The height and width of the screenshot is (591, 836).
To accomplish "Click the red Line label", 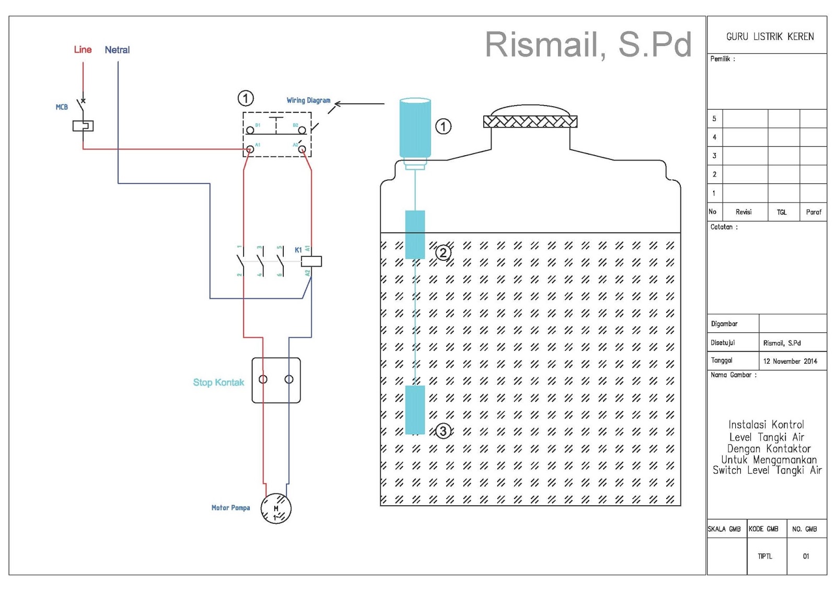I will click(x=83, y=50).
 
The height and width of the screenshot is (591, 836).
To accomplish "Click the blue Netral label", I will click(x=117, y=50).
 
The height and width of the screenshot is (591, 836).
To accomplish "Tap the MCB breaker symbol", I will click(x=83, y=125).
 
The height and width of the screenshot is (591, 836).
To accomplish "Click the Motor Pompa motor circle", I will click(x=276, y=508).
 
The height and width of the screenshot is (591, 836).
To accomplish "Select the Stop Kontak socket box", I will click(x=276, y=380).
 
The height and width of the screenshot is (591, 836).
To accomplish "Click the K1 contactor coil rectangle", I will click(x=311, y=261).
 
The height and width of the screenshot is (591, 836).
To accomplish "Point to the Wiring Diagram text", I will click(x=308, y=100).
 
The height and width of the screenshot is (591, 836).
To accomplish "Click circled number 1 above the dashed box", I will click(x=246, y=98).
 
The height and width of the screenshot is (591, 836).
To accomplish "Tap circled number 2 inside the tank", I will click(x=443, y=253).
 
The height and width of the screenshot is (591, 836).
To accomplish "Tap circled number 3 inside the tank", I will click(x=443, y=431).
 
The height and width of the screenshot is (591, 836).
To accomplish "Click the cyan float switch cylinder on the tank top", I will click(x=415, y=128).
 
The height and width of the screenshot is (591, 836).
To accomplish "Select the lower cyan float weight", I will click(x=415, y=410).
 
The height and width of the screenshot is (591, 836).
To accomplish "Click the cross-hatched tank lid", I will click(x=530, y=122).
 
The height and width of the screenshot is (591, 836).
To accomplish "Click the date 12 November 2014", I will click(x=790, y=361).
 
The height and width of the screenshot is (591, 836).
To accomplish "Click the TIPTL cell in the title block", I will click(x=765, y=557).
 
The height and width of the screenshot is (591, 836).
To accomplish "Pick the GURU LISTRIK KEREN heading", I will click(x=770, y=37).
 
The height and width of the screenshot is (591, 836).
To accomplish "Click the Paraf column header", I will click(x=813, y=212).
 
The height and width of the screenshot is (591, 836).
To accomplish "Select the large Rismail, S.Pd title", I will click(x=588, y=45).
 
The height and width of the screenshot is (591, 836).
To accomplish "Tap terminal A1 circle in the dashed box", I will click(x=250, y=149).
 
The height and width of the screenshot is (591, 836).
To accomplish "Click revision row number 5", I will click(x=714, y=119).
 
